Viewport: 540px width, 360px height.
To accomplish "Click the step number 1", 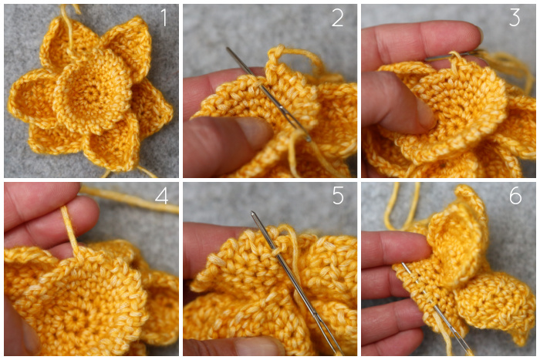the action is [x=164, y=18].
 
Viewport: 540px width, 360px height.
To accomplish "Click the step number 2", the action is [x=338, y=18].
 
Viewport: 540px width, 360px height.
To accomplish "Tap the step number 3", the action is [x=515, y=18].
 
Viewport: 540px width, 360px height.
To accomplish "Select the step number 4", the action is [x=161, y=196].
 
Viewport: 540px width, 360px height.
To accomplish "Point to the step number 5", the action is [x=338, y=196].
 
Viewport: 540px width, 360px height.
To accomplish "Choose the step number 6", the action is [x=515, y=196].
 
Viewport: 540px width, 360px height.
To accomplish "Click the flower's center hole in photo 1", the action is [x=91, y=93].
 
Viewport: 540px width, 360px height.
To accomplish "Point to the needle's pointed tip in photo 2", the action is [x=228, y=49].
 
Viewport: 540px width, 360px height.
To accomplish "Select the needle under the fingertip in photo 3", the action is [x=451, y=55].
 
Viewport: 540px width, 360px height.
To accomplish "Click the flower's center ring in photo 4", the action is [x=74, y=320].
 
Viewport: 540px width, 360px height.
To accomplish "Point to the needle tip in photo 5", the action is [x=252, y=212].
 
